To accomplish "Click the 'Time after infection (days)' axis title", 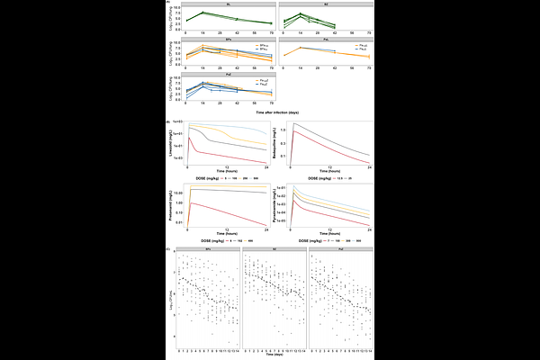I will pos(269,113).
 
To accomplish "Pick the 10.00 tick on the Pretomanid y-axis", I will pos(177,193).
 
